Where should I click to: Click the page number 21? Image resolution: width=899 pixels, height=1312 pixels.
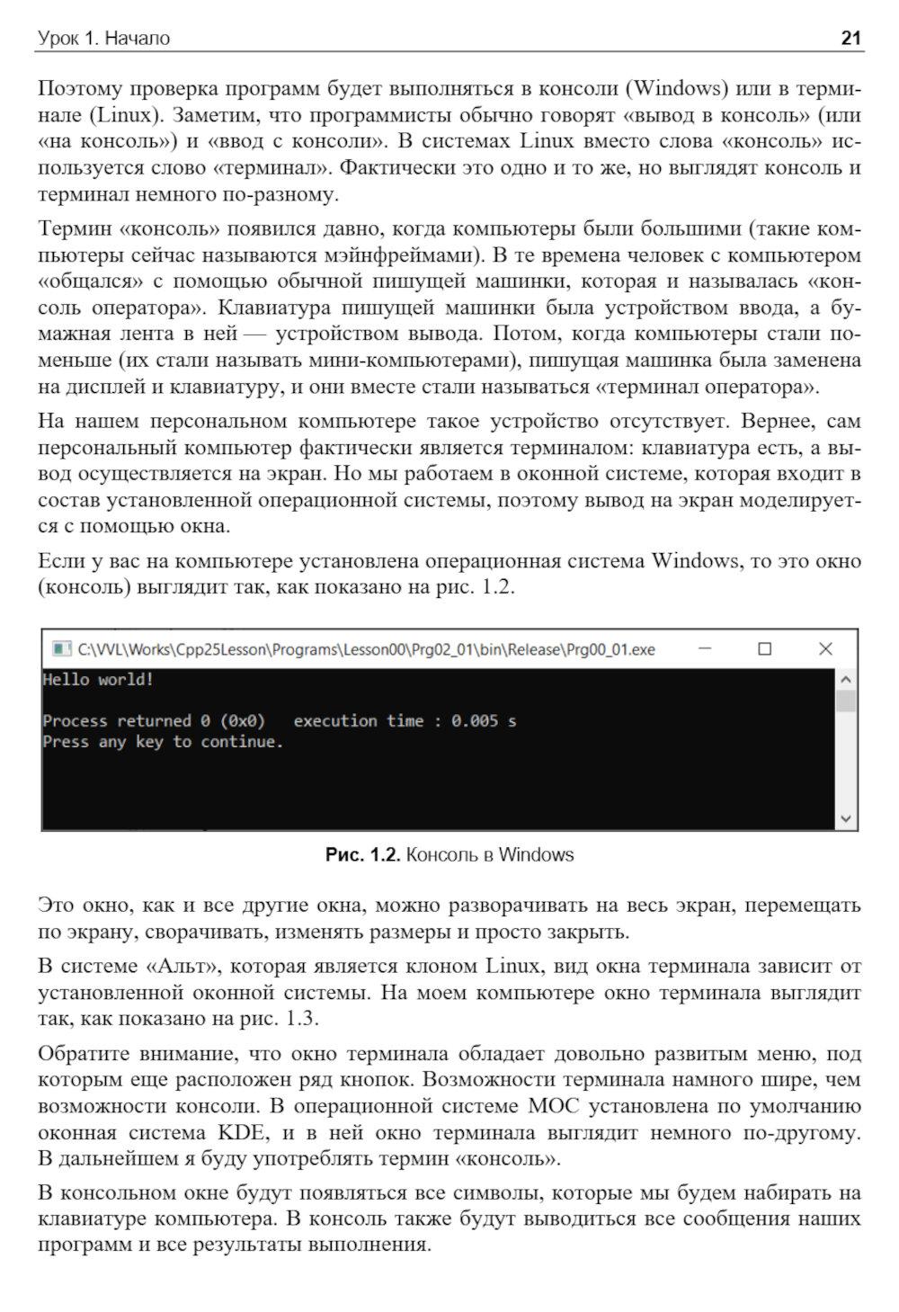(x=850, y=38)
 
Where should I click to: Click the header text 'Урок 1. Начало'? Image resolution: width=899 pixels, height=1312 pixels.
(x=103, y=39)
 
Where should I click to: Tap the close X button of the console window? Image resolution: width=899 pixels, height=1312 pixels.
(x=825, y=648)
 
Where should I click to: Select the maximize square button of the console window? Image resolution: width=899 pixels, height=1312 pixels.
(x=764, y=648)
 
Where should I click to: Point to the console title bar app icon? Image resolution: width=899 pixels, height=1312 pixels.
(x=61, y=648)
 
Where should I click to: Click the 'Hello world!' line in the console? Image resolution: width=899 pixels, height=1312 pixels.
(x=98, y=680)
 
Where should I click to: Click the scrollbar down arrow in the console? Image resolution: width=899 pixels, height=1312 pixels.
(x=846, y=817)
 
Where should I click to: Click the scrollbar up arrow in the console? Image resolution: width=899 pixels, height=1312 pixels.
(x=846, y=681)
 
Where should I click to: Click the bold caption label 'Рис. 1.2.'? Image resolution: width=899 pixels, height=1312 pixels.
(x=361, y=854)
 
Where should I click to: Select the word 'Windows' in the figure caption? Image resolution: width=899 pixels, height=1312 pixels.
(x=536, y=854)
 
